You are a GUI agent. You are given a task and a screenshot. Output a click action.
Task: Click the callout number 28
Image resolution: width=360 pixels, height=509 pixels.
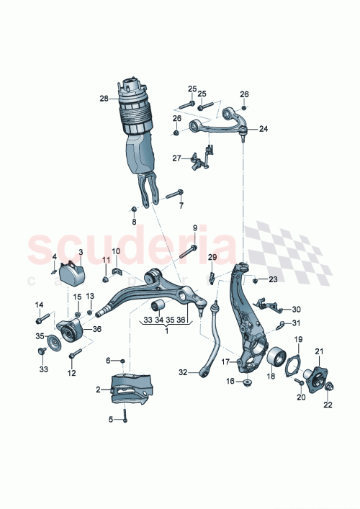pos(104,99)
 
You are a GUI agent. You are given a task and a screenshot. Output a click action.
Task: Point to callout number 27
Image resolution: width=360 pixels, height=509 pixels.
pos(176,158)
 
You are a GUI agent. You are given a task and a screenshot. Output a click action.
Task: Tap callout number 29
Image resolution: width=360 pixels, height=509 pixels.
pos(212,257)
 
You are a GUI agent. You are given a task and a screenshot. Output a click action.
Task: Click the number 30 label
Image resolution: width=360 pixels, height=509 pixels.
pos(297,310)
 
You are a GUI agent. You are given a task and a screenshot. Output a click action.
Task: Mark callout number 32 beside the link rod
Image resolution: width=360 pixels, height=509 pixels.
pos(183,372)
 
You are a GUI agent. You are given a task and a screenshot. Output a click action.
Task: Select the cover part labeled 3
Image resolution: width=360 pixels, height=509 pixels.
pos(72,274)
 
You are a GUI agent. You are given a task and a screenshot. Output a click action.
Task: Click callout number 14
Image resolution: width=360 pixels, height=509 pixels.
pos(39,304)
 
